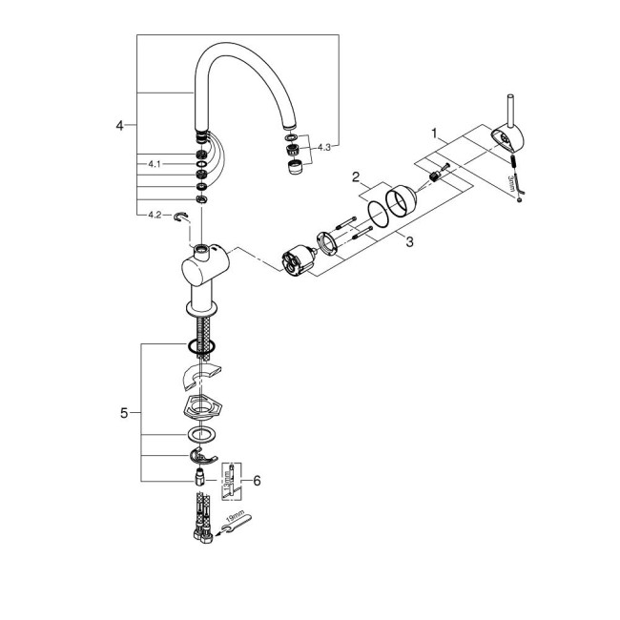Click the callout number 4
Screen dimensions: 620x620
pos(119,125)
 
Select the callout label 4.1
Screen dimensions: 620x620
pos(155,164)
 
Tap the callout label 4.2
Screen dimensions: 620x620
pos(155,214)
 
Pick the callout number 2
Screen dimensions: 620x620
pos(354,177)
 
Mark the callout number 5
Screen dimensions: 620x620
pos(124,413)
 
